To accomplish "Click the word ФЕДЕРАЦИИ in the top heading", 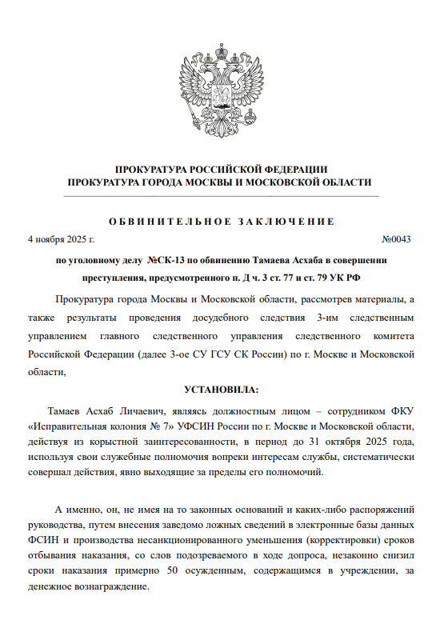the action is coord(295,169).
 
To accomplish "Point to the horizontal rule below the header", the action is coord(222,194).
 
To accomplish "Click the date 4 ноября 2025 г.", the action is coord(61,239).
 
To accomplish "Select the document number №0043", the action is coord(396,239).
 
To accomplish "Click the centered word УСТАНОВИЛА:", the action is coord(222,390).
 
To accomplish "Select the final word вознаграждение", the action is coord(112,587).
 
